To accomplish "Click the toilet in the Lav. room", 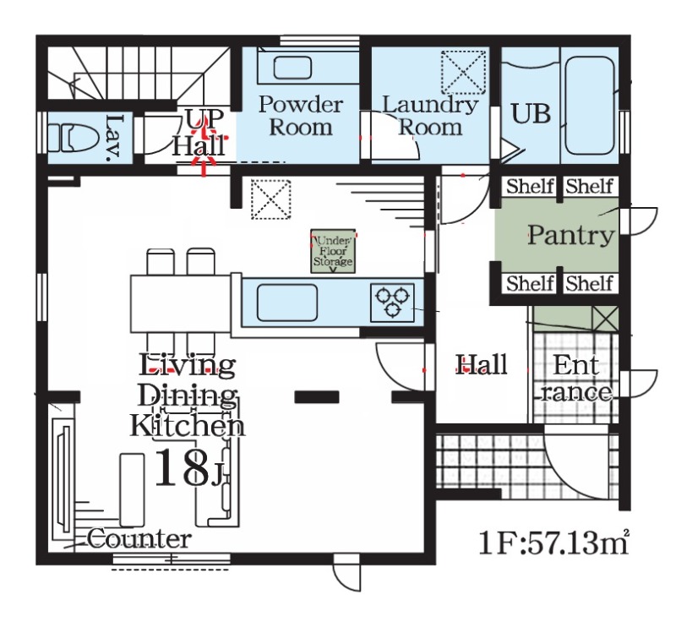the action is click(71, 138).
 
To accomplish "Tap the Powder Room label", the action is click(301, 116).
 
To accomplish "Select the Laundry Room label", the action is click(430, 116).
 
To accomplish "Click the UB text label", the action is click(531, 114).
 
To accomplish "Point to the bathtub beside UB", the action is click(589, 105).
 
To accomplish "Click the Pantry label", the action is click(571, 235).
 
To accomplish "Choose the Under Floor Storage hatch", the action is click(333, 251).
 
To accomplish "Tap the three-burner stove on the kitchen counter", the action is click(392, 303).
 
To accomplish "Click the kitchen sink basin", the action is click(287, 303).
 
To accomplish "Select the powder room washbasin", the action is click(292, 68).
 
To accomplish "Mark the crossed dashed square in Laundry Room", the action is click(463, 72).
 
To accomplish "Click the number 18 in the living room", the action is click(182, 468).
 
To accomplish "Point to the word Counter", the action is click(139, 539).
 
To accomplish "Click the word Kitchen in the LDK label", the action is click(188, 425).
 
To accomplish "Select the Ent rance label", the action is click(576, 379).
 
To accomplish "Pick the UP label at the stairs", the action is click(205, 118).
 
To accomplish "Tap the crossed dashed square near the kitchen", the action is click(270, 199).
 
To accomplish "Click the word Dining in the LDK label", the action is click(187, 396).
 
